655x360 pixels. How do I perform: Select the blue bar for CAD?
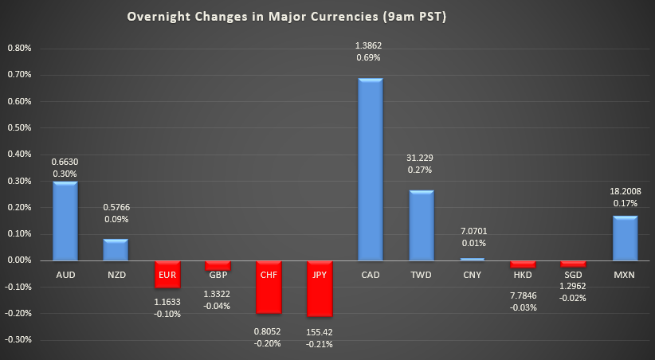pos(371,169)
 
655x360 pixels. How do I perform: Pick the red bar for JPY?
pos(320,288)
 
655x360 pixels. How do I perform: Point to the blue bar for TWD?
pos(422,225)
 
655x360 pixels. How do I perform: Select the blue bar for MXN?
pos(626,237)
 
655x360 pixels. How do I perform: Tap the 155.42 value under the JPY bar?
pos(320,332)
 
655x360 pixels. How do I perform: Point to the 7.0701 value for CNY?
pos(473,231)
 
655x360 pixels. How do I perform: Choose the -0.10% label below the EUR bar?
pos(167,314)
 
